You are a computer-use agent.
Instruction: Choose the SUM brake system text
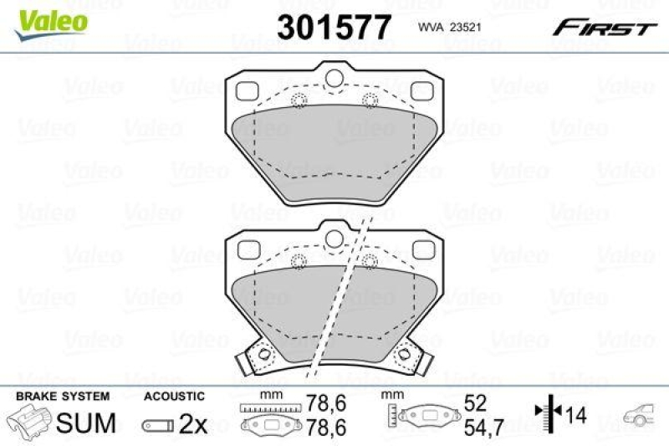pyautogui.click(x=85, y=423)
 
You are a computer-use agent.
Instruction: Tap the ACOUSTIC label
pyautogui.click(x=174, y=396)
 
